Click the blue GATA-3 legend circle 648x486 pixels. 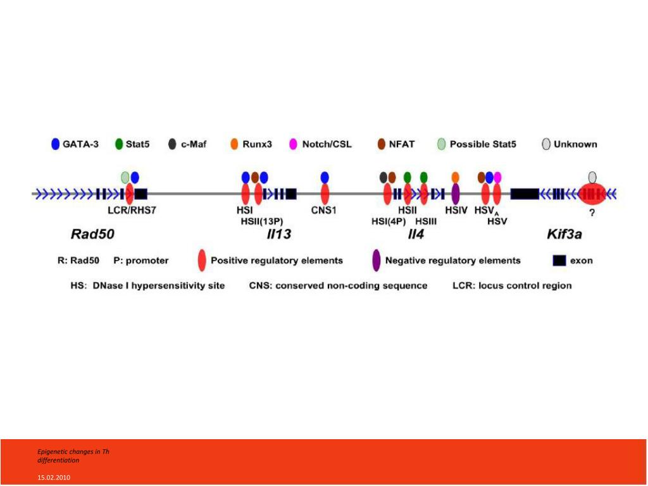tap(55, 144)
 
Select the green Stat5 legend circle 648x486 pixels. tap(118, 144)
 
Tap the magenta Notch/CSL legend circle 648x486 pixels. tap(293, 144)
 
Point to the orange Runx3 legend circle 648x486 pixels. tap(234, 144)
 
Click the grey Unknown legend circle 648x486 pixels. tap(546, 144)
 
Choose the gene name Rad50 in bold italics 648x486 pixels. tap(92, 235)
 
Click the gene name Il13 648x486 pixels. tap(278, 235)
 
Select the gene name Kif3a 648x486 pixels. tap(564, 235)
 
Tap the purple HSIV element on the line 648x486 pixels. tap(455, 194)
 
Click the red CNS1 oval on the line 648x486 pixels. tap(325, 194)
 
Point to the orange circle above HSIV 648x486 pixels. tap(455, 177)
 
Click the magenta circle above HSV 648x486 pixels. tap(497, 177)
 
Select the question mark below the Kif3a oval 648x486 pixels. tap(592, 213)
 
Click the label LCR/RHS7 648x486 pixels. tap(131, 210)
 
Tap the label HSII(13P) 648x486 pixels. tap(261, 221)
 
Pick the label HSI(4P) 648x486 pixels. tap(389, 221)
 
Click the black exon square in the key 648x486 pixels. tap(559, 260)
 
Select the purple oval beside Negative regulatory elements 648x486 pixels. tap(376, 260)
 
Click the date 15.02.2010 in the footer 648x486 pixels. tap(53, 477)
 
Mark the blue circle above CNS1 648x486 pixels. tap(325, 177)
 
